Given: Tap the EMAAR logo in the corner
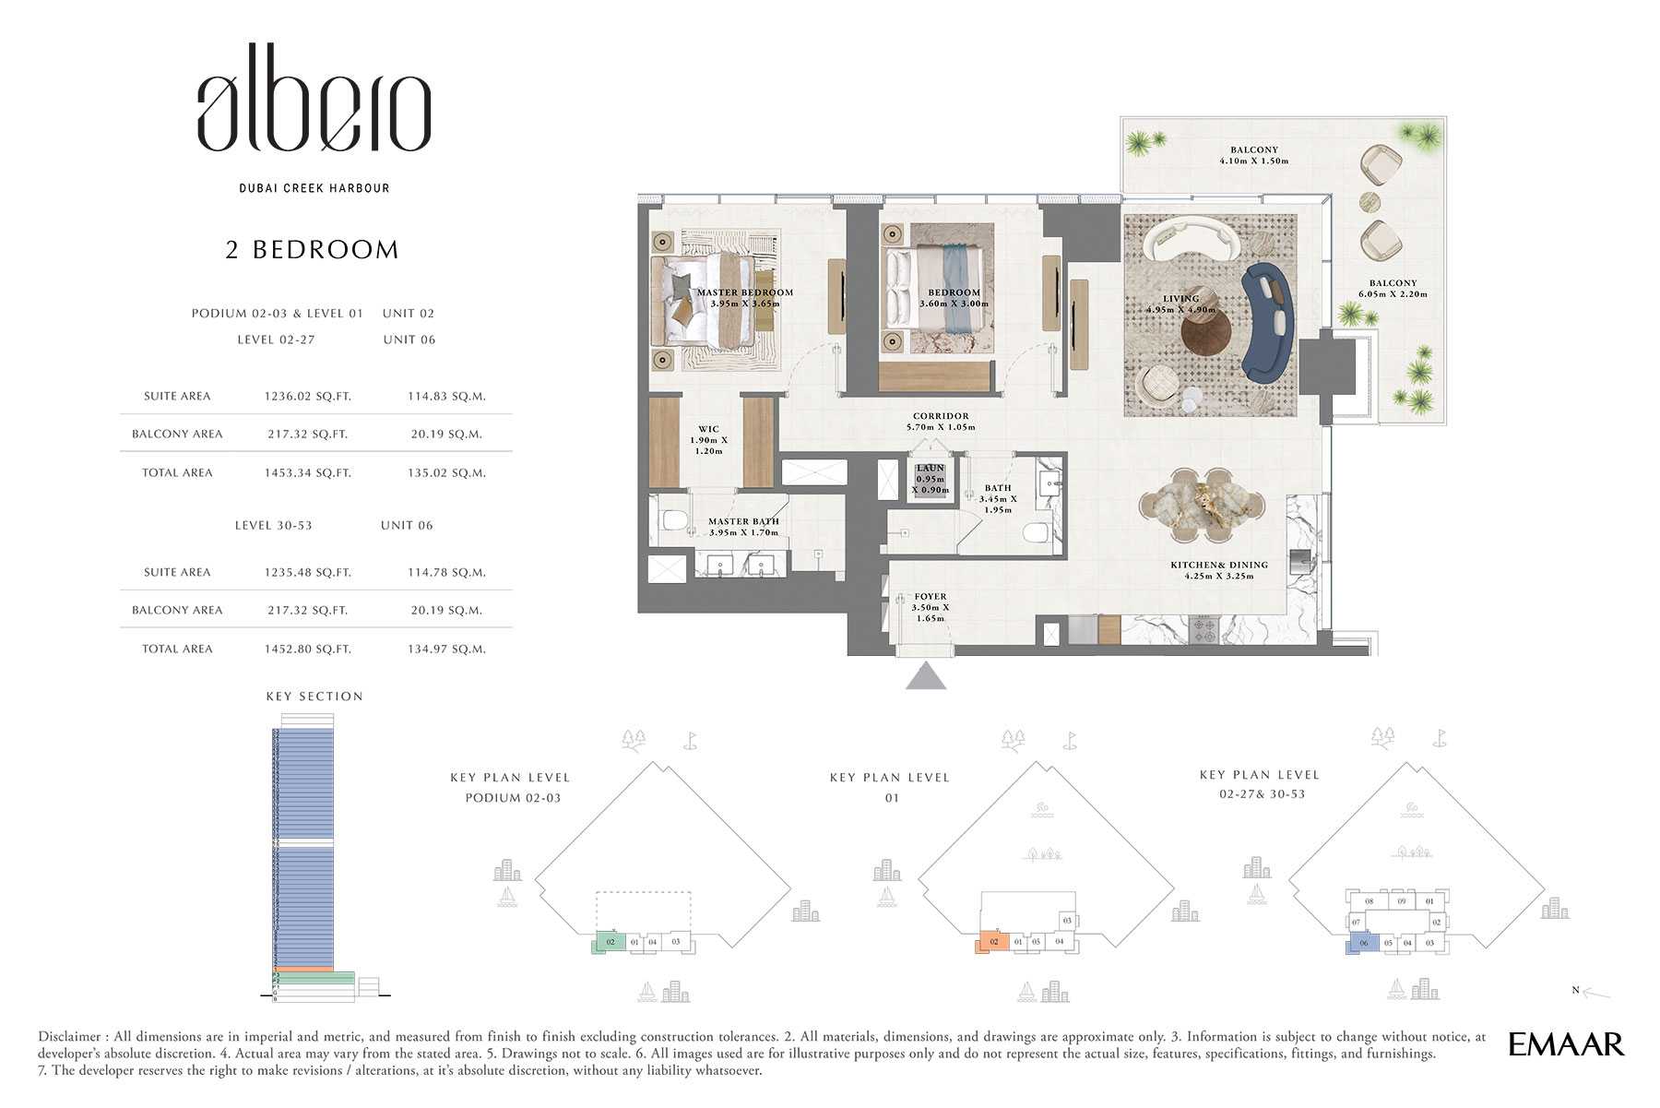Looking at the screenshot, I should [x=1565, y=1044].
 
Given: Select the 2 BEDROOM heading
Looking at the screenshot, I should [x=312, y=250].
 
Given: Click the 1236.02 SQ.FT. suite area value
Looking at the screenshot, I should [x=307, y=397].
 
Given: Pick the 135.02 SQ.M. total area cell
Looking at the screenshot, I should [x=446, y=473].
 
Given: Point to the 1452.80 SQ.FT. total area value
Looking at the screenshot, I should [x=307, y=649].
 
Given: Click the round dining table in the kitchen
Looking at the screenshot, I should [x=1202, y=506].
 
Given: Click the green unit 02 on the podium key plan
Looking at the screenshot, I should [x=610, y=942].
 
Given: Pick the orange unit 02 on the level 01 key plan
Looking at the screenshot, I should [x=992, y=942].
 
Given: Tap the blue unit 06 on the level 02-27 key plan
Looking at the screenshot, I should [x=1362, y=943].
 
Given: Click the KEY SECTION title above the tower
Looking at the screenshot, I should [x=314, y=697].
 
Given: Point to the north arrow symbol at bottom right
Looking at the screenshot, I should [x=1594, y=993].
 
